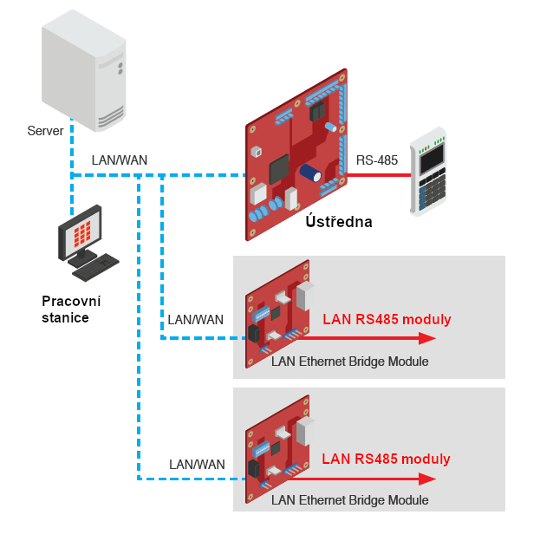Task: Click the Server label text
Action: click(x=45, y=131)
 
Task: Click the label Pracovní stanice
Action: click(x=71, y=310)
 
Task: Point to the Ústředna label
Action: click(x=339, y=222)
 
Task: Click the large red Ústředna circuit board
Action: click(x=295, y=156)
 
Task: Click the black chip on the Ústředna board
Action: click(x=279, y=167)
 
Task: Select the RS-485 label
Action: click(x=377, y=160)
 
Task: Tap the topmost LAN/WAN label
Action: click(x=120, y=160)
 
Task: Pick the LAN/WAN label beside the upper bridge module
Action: click(x=196, y=319)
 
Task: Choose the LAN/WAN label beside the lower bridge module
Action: click(x=197, y=464)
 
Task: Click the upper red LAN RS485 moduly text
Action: click(x=387, y=319)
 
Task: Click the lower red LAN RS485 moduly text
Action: click(x=387, y=459)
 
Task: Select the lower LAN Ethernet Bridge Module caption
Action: click(x=349, y=500)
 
